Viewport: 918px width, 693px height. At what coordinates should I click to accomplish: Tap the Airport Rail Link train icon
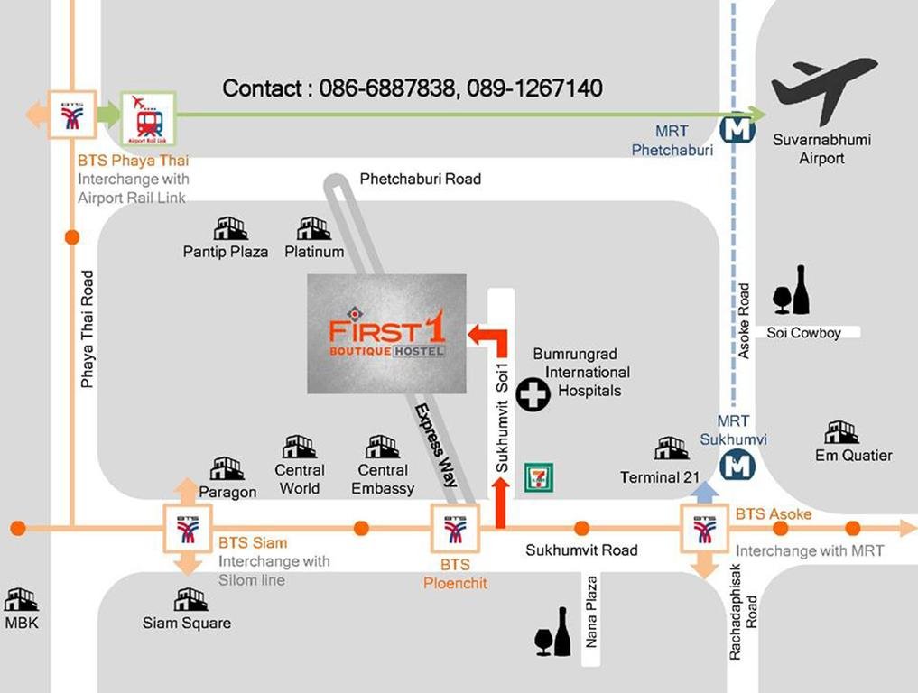(x=149, y=119)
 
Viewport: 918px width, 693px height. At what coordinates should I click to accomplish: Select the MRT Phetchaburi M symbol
(x=737, y=128)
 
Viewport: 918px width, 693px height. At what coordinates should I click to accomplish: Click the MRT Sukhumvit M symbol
(x=737, y=467)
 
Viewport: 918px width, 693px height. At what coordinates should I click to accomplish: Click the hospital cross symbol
(x=533, y=394)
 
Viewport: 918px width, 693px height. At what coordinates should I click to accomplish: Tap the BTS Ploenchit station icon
(x=455, y=529)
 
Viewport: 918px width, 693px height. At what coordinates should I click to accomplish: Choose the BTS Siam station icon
(x=188, y=528)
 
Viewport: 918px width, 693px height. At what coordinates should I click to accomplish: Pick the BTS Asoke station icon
(x=704, y=528)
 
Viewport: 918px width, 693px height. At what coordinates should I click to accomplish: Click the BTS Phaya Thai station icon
(x=72, y=114)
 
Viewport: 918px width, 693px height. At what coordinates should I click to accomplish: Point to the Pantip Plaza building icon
(x=230, y=228)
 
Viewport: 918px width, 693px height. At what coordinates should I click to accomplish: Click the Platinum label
(x=314, y=252)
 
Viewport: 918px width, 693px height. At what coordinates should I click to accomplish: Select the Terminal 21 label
(x=660, y=477)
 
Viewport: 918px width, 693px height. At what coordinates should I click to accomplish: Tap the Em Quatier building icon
(x=842, y=432)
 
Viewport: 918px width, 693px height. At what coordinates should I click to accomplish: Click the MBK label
(x=22, y=623)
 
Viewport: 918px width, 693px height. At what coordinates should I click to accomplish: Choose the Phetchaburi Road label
(x=421, y=179)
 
